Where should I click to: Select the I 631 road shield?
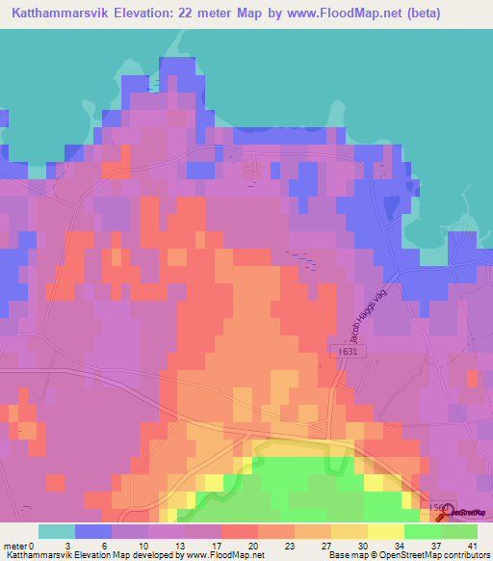click(349, 353)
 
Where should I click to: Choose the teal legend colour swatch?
click(57, 531)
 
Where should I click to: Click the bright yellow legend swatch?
click(386, 531)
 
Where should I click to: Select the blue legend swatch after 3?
click(93, 531)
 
